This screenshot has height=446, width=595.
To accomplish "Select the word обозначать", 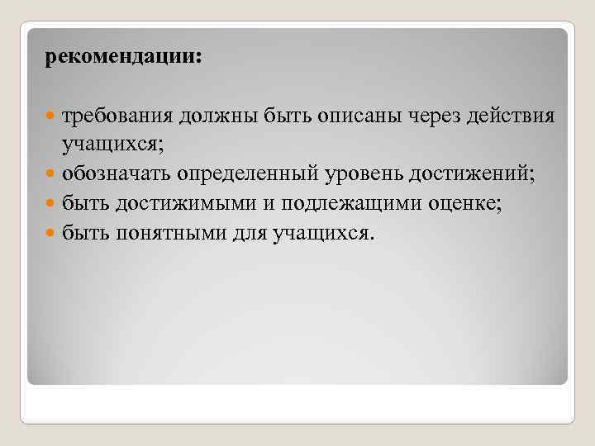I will (115, 174).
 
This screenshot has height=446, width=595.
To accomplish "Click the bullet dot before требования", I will (51, 116).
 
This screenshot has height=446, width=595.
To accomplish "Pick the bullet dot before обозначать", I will (51, 175).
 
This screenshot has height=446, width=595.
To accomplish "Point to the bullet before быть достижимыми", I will (51, 205).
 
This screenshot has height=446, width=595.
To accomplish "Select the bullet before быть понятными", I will (51, 235).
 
